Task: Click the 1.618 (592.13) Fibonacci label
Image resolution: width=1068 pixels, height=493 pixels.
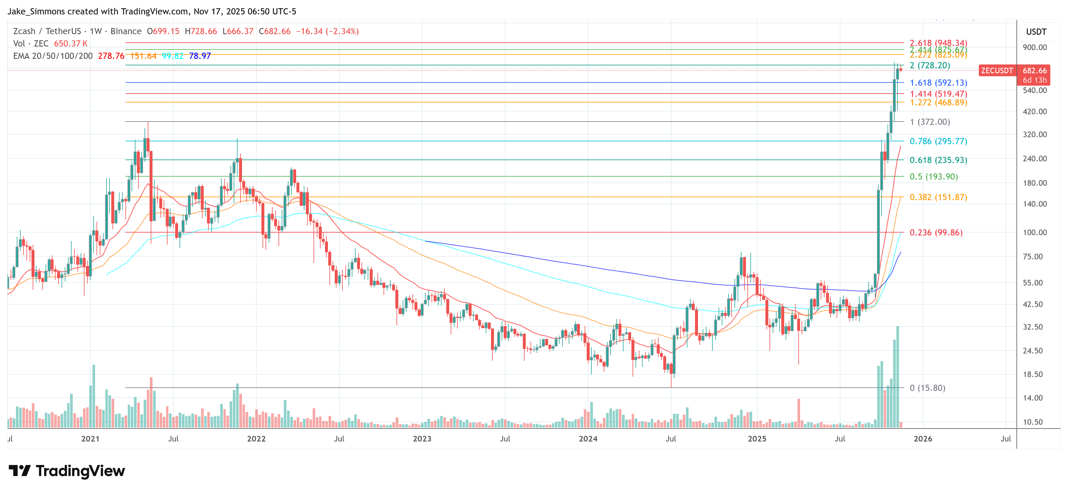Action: (x=938, y=83)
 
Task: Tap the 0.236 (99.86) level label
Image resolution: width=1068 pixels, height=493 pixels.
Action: (x=936, y=233)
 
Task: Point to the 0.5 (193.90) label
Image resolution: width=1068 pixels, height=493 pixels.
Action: (x=933, y=177)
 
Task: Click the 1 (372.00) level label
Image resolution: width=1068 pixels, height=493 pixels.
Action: (x=930, y=122)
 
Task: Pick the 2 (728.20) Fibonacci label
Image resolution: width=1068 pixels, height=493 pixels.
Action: (x=930, y=66)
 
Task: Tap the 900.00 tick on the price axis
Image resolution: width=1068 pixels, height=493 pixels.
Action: (x=1034, y=47)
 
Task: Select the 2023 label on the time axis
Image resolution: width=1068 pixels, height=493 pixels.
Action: (x=422, y=439)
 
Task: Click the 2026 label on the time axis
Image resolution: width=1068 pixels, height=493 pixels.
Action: (x=923, y=439)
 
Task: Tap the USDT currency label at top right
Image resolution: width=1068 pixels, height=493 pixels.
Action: (x=1036, y=32)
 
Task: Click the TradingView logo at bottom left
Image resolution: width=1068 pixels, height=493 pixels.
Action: (x=66, y=471)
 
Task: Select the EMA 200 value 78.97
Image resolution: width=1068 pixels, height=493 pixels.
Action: (x=200, y=56)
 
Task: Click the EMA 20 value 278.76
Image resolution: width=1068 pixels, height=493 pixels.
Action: (x=111, y=56)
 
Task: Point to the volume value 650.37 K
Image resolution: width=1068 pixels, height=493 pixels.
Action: (x=70, y=44)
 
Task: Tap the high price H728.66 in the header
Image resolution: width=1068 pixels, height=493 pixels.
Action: (x=201, y=31)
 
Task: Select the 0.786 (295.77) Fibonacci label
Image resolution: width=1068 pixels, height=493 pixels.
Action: (x=938, y=141)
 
